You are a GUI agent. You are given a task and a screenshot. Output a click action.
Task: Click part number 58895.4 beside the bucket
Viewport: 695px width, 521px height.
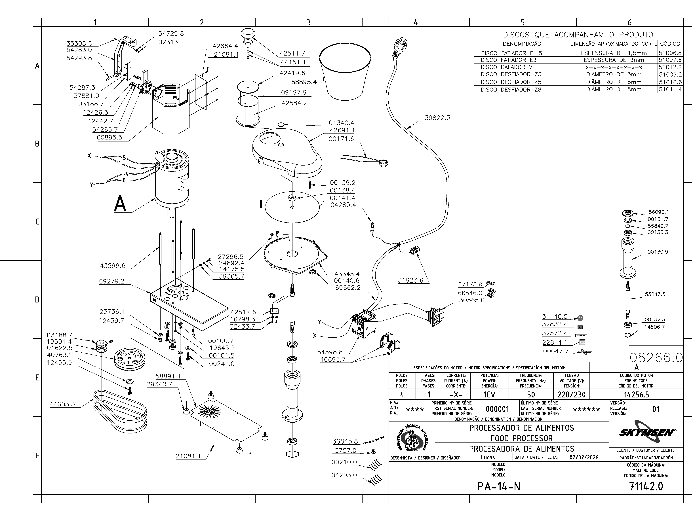(304, 82)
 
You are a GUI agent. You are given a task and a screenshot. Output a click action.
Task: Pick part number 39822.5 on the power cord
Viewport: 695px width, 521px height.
(437, 118)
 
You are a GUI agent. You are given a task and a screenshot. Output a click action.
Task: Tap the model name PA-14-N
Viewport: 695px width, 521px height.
(499, 486)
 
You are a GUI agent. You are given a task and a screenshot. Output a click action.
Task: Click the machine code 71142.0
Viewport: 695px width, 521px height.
(646, 486)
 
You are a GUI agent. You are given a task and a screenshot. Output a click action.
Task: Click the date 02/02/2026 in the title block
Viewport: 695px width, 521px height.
(584, 458)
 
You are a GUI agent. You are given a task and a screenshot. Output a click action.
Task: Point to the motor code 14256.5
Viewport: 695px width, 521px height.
(636, 394)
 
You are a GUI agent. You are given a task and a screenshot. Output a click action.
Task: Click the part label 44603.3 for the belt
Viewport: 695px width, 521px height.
(62, 404)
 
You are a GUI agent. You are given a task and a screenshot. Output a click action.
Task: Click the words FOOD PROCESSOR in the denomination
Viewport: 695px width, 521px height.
(522, 438)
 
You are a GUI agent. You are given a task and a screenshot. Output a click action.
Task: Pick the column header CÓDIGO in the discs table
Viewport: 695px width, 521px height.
(670, 44)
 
